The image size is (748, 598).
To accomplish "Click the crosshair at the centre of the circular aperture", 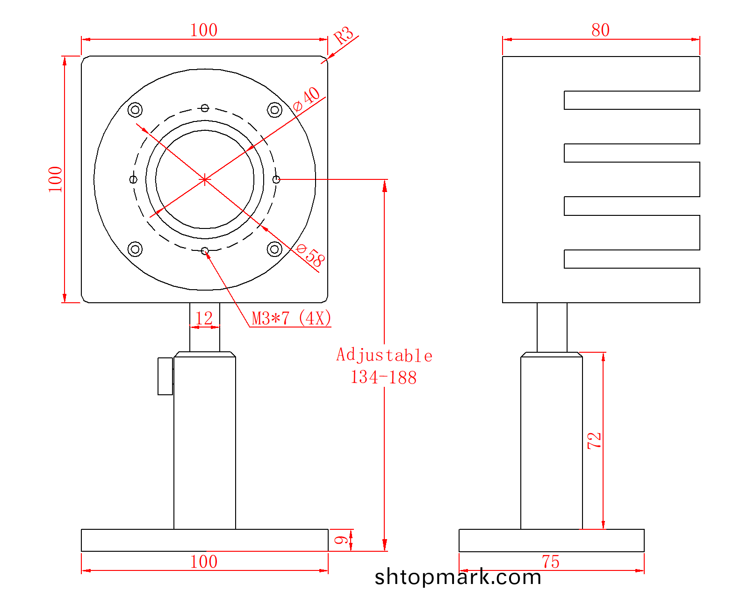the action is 205,180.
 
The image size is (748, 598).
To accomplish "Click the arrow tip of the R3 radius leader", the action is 327,59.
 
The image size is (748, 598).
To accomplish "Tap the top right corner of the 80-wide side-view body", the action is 700,56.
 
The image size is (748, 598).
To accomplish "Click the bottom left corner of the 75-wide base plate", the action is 459,551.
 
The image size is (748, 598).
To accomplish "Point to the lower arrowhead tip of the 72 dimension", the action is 603,529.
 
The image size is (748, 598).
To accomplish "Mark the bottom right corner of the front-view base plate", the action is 328,551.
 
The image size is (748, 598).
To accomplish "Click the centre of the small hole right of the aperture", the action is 276,180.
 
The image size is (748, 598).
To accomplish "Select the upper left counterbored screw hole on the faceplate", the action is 135,110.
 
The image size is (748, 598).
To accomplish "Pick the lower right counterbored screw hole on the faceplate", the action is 274,249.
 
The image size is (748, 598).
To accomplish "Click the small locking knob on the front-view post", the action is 165,376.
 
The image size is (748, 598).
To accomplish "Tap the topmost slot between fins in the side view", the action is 632,100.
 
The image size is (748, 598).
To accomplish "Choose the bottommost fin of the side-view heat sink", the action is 632,285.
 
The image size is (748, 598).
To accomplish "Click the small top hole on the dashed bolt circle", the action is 205,108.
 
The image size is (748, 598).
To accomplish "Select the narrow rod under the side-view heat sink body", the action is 552,327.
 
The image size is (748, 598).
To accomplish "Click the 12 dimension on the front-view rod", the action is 204,318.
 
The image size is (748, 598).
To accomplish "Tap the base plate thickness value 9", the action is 341,540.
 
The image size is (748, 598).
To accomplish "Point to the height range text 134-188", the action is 384,377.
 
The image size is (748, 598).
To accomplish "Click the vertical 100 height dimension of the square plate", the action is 55,179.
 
